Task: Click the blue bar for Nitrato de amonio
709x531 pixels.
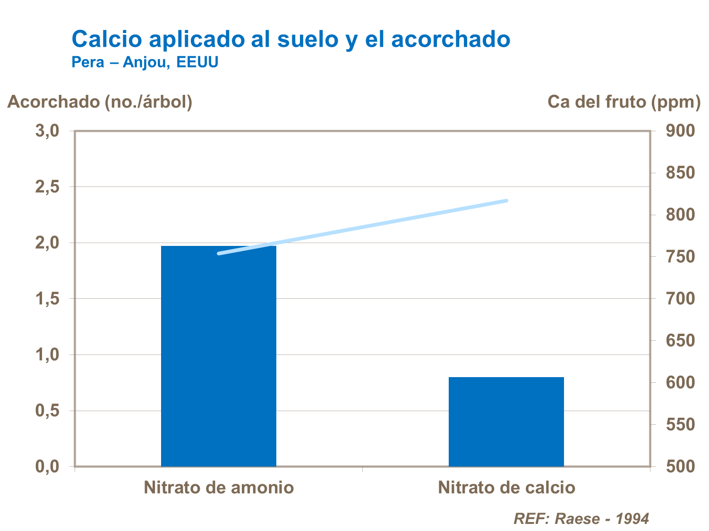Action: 219,356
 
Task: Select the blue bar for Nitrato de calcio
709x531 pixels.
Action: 506,421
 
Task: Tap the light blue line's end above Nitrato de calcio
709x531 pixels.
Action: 506,201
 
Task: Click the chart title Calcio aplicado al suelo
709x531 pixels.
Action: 291,39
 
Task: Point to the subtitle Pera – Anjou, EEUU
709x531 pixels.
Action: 145,62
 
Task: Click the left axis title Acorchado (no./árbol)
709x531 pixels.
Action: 100,102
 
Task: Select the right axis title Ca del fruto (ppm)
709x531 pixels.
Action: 624,102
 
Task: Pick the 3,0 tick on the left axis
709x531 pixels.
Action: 47,131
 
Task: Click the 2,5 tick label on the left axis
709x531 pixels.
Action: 47,187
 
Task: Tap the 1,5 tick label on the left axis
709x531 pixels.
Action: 47,299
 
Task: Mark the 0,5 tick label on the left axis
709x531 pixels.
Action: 47,411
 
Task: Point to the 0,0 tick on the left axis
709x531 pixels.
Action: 47,467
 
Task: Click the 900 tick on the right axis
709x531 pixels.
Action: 681,131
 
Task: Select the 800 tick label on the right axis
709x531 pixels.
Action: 681,215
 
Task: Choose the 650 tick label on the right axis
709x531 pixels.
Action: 681,341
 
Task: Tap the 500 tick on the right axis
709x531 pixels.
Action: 681,467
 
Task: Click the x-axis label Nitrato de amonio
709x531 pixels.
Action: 219,488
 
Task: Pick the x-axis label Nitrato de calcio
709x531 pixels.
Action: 506,488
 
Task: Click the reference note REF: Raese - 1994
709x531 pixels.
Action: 581,519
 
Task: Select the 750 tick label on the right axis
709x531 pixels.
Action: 681,257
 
